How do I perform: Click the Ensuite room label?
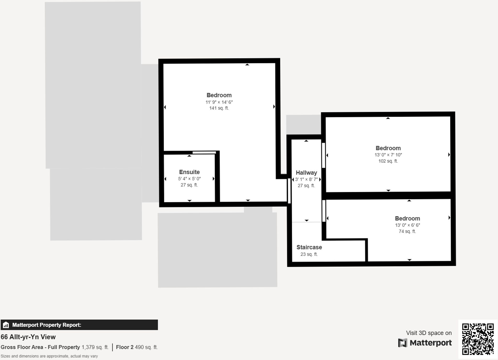(x=189, y=172)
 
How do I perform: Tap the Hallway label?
(x=306, y=173)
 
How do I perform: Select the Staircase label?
(x=309, y=247)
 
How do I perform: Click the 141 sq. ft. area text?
(x=219, y=108)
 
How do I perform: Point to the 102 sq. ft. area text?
(x=388, y=161)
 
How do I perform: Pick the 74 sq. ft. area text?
(x=407, y=231)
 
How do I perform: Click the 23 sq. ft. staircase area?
(x=309, y=254)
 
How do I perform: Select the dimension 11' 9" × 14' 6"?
(x=219, y=102)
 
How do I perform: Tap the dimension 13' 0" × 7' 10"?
(x=388, y=155)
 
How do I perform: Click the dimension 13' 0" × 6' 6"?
(x=408, y=225)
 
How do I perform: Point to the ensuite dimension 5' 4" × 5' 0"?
(x=189, y=179)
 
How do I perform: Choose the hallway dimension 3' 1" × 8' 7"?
(x=306, y=179)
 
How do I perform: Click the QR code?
(x=478, y=339)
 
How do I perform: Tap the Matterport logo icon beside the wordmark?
(x=403, y=343)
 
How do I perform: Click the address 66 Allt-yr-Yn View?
(x=28, y=337)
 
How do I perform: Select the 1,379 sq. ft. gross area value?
(x=95, y=347)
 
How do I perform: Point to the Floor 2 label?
(x=124, y=347)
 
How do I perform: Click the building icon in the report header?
(x=6, y=325)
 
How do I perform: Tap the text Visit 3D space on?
(x=429, y=333)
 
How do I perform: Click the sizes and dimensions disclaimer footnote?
(x=49, y=356)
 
